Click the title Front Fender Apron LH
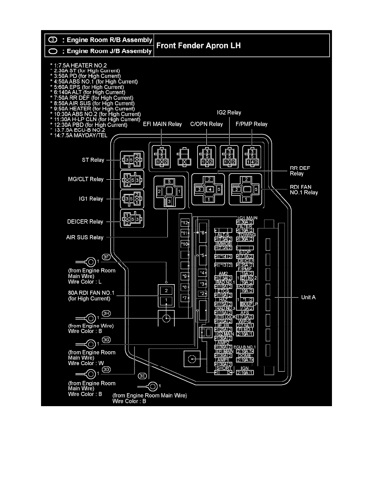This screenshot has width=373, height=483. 198,45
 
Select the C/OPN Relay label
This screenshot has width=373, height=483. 206,124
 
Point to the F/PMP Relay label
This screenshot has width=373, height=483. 252,124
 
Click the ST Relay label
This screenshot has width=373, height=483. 93,160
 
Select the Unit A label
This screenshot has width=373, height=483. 308,297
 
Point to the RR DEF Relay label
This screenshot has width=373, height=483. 297,170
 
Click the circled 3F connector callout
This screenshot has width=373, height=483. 106,257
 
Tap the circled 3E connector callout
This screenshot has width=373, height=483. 142,376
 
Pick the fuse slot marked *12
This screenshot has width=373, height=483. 185,223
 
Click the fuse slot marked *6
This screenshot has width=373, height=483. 202,233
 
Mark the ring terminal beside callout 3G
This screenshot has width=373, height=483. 90,344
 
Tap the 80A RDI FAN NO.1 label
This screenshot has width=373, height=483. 89,296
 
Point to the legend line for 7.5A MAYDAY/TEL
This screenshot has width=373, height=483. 79,135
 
